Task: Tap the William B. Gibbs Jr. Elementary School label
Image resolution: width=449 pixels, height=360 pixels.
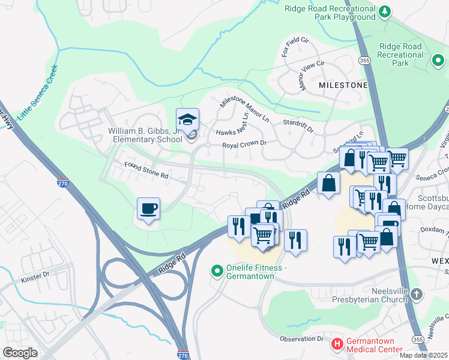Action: (x=145, y=135)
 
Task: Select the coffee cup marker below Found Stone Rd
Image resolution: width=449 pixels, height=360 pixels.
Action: (x=148, y=209)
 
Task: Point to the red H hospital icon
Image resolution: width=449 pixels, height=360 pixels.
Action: (x=337, y=344)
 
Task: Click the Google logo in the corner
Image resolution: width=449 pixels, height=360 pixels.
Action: (x=20, y=352)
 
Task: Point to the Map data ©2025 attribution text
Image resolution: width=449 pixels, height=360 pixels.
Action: (x=423, y=355)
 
